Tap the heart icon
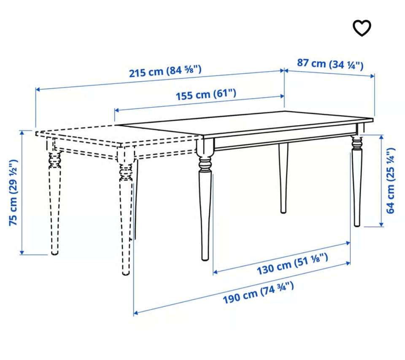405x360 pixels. pyautogui.click(x=362, y=28)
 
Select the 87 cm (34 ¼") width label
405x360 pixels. pyautogui.click(x=330, y=64)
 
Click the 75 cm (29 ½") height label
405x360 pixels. pyautogui.click(x=13, y=193)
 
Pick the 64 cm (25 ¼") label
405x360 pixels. pyautogui.click(x=391, y=180)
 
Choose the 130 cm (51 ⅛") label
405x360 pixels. pyautogui.click(x=292, y=264)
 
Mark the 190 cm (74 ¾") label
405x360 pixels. pyautogui.click(x=258, y=293)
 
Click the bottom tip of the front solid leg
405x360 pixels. pyautogui.click(x=205, y=260)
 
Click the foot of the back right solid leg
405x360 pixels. pyautogui.click(x=357, y=225)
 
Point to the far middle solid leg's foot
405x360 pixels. pyautogui.click(x=283, y=211)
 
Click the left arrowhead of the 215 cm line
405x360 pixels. pyautogui.click(x=38, y=89)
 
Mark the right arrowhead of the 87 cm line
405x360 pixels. pyautogui.click(x=373, y=76)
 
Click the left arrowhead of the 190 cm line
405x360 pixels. pyautogui.click(x=135, y=313)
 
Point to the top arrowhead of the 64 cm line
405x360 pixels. pyautogui.click(x=381, y=137)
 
